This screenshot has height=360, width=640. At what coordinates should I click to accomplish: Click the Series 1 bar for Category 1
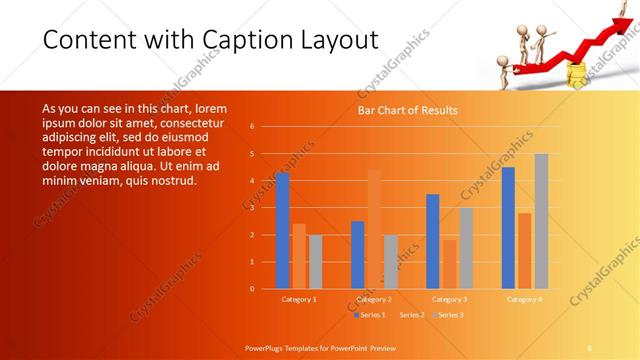(x=282, y=230)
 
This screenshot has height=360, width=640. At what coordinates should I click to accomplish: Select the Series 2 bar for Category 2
(x=374, y=229)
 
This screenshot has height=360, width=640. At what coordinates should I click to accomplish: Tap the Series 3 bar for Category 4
(x=541, y=221)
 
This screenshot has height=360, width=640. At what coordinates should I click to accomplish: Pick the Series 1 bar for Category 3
(x=432, y=241)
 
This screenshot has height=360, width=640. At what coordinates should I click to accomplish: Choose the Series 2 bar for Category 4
(x=524, y=250)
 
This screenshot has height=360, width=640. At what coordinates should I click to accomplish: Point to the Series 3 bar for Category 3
(x=466, y=248)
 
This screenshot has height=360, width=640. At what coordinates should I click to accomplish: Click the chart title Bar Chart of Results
(x=408, y=110)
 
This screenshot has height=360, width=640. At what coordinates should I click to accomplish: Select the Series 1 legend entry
(x=370, y=315)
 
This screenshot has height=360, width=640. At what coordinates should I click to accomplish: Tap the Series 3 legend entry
(x=447, y=315)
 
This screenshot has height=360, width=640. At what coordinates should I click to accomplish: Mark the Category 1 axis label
(x=299, y=299)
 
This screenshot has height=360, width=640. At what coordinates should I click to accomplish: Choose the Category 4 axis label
(x=524, y=299)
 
